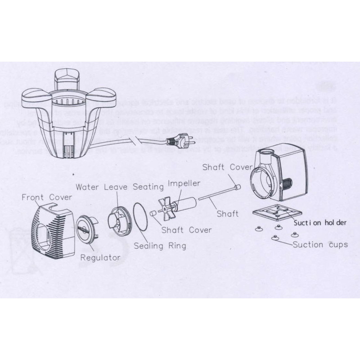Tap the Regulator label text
tap(100, 257)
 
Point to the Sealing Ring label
tap(160, 246)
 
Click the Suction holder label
tap(320, 222)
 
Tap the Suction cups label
tap(320, 245)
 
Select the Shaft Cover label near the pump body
tap(227, 167)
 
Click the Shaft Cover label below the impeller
tap(186, 230)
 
